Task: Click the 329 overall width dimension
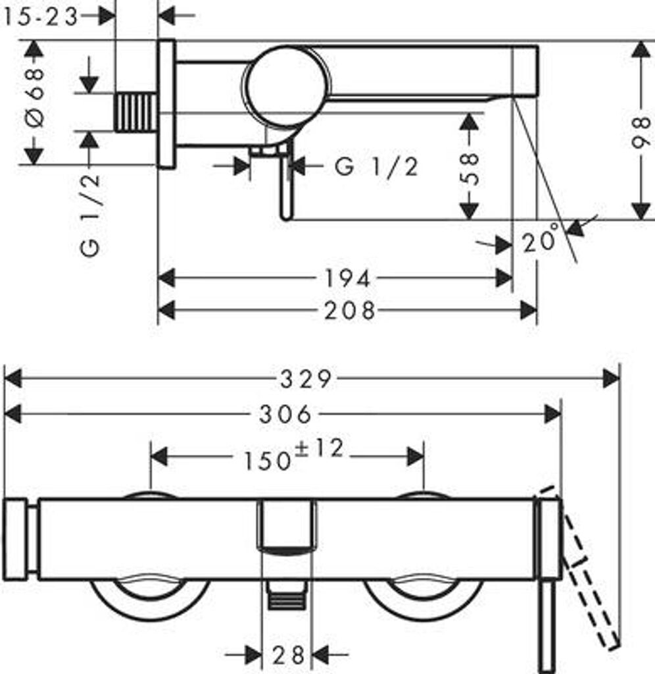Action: click(306, 379)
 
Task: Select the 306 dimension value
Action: click(285, 415)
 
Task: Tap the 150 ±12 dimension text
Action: click(294, 455)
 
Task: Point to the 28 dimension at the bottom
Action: click(288, 655)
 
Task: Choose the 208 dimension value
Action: click(350, 311)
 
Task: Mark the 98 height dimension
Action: click(642, 132)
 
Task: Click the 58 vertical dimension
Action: click(470, 169)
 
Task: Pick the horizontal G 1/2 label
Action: click(376, 167)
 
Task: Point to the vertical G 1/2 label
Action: click(90, 215)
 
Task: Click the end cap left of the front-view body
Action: click(16, 540)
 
